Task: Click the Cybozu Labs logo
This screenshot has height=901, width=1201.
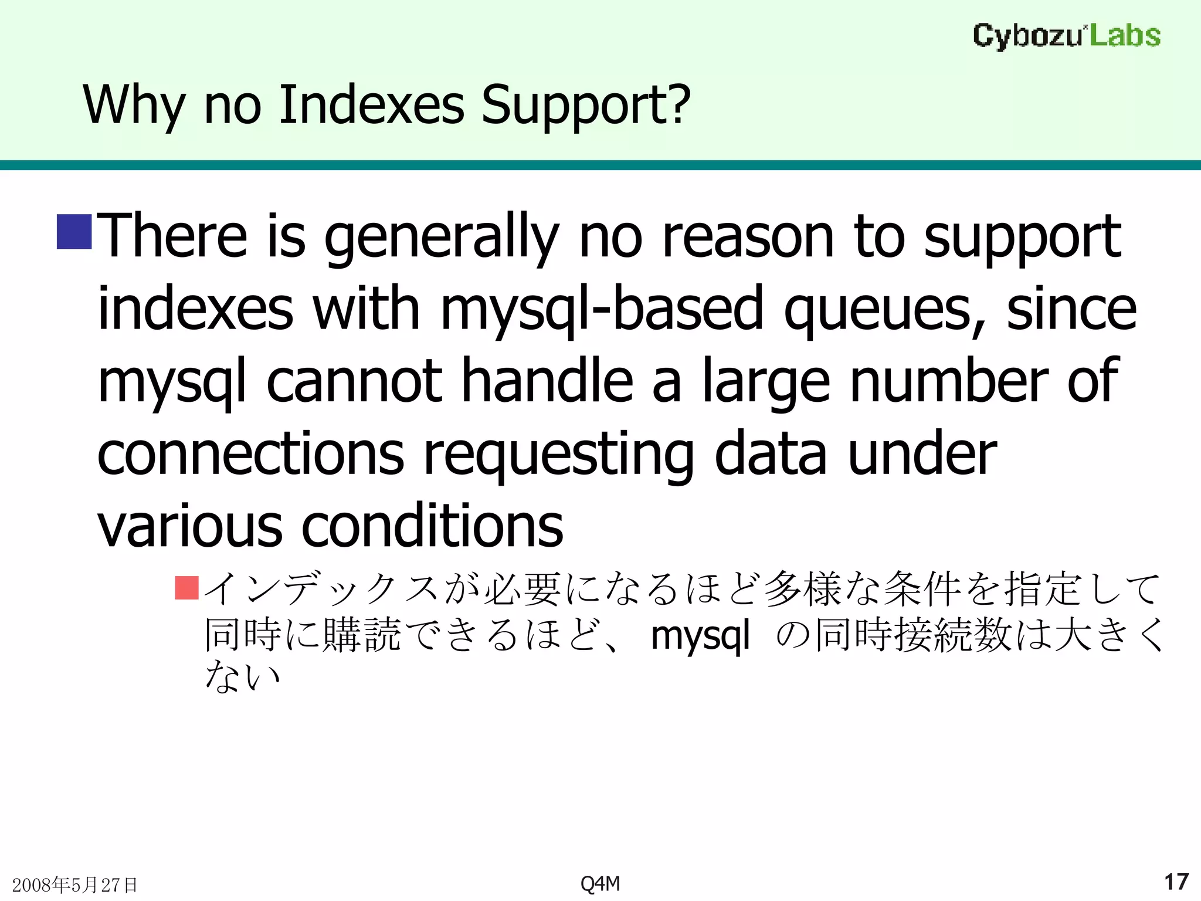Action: click(x=1066, y=36)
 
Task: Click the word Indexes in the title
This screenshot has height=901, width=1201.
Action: click(x=371, y=106)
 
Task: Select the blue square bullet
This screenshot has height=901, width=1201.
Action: click(x=74, y=232)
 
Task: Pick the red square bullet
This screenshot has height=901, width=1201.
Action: click(x=187, y=588)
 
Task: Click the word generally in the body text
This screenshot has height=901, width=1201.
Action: click(x=441, y=238)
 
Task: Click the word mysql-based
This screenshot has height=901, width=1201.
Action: click(x=602, y=310)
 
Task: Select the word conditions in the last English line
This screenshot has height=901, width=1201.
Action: click(x=432, y=526)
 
